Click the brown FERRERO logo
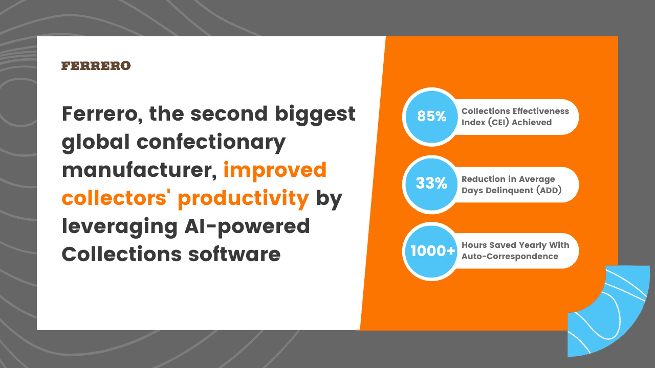click(96, 66)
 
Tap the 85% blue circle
click(431, 117)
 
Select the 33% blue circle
click(431, 185)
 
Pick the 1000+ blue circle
click(431, 251)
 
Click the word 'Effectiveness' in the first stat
click(541, 111)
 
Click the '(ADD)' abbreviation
click(549, 190)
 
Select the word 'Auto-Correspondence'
click(510, 257)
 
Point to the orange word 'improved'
click(275, 171)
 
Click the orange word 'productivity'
click(243, 199)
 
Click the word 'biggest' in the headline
click(315, 115)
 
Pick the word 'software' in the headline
click(234, 254)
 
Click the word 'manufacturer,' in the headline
click(139, 170)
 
